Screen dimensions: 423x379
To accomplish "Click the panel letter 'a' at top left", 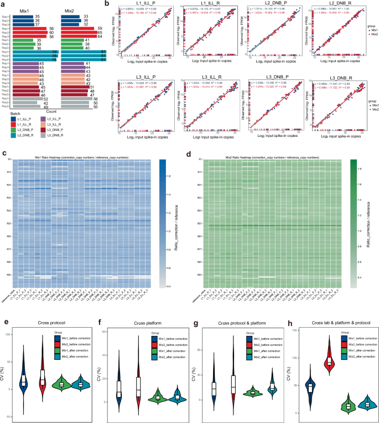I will [x=4, y=4].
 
